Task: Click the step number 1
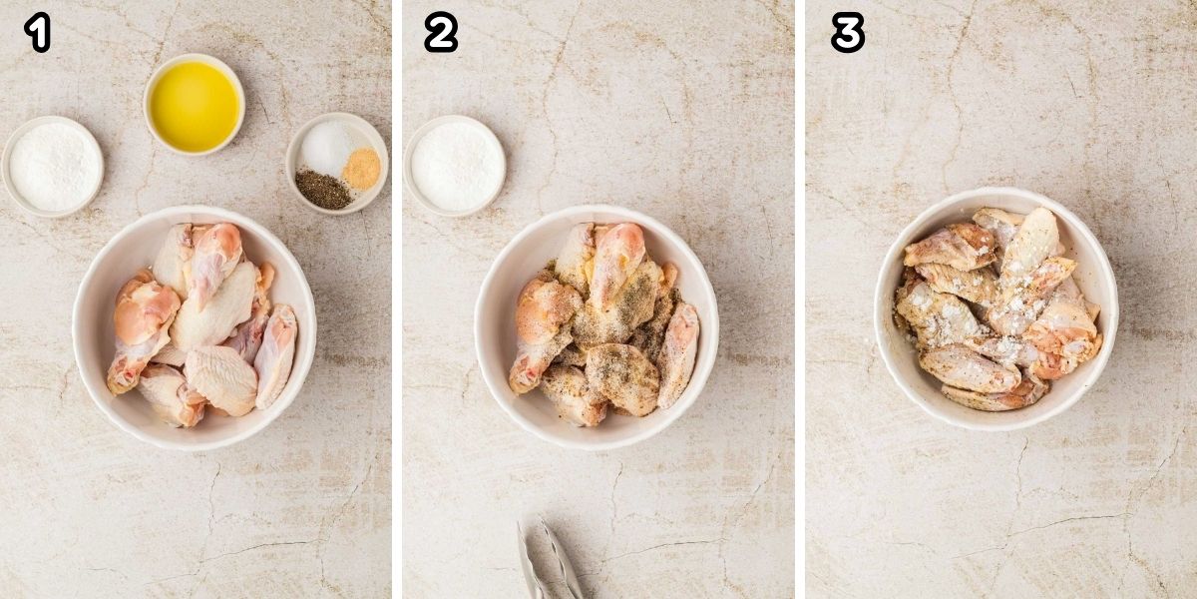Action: click(37, 33)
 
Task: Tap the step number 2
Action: click(440, 33)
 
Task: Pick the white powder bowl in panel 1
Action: click(53, 166)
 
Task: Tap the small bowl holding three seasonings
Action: click(336, 163)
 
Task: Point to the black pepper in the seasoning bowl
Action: click(322, 189)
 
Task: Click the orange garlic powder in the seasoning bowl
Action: click(360, 169)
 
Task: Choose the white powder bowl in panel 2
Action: click(456, 166)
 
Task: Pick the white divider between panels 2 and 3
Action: click(800, 299)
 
